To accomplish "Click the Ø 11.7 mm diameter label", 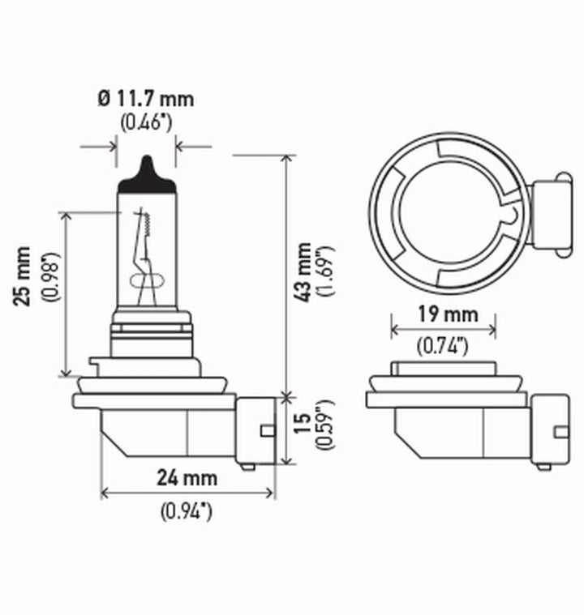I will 146,100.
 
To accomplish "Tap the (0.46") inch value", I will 146,122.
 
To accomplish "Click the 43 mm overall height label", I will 303,271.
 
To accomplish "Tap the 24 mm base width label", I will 187,477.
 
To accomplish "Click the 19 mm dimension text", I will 443,314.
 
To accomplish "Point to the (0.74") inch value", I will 443,346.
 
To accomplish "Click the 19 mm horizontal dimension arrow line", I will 443,330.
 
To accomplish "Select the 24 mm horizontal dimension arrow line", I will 187,493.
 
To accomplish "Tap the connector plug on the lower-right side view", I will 549,428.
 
